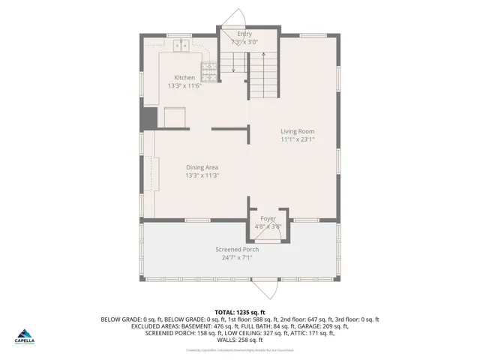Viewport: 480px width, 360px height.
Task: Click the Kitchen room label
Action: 184,78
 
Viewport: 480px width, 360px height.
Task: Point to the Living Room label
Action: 297,131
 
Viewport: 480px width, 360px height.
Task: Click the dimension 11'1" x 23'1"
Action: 297,139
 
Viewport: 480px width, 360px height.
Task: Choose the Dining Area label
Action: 202,167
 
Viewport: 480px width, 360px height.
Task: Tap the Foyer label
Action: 268,218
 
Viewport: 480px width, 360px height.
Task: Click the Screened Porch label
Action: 237,249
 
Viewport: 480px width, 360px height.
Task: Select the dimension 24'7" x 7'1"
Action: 237,257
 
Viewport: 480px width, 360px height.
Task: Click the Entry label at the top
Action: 244,34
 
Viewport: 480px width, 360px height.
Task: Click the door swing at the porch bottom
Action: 267,292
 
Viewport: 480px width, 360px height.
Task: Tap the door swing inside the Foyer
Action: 277,232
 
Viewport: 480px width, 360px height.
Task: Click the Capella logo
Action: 26,336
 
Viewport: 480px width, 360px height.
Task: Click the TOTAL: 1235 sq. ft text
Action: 240,311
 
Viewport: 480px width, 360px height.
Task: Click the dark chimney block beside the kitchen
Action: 149,118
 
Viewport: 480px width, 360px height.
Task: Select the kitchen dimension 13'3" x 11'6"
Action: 184,85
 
